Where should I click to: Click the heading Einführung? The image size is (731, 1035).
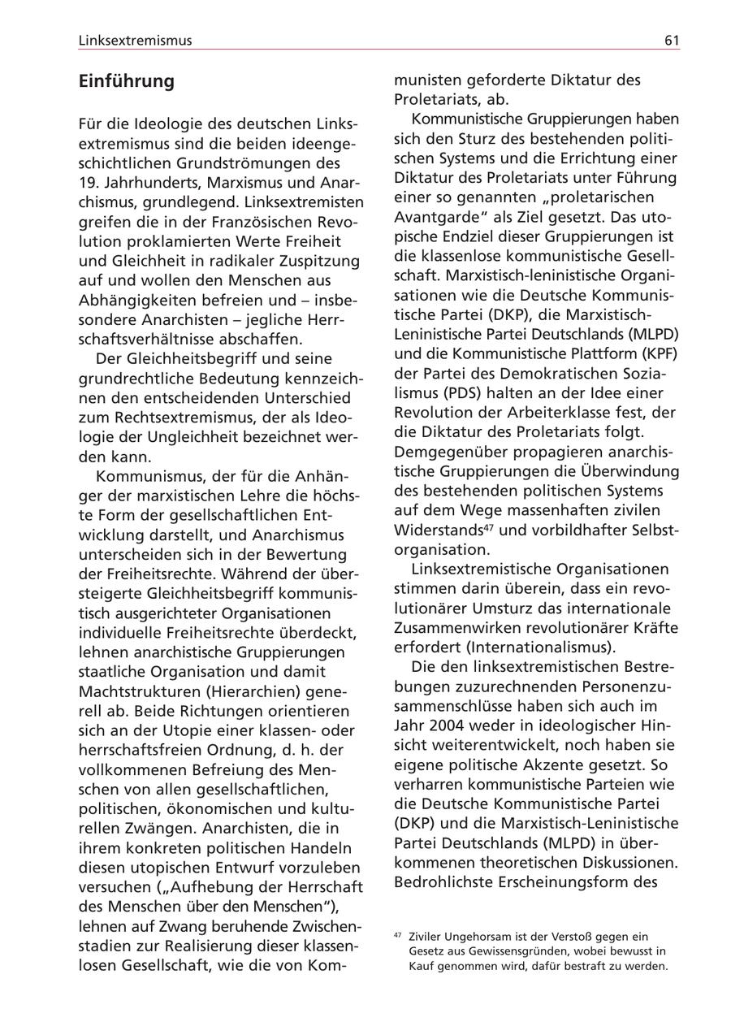tap(126, 81)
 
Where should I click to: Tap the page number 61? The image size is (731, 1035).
tap(671, 41)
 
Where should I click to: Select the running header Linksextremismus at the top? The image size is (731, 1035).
tap(135, 41)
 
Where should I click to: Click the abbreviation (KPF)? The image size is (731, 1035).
tap(660, 353)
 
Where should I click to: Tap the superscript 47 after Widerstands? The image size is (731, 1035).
tap(489, 528)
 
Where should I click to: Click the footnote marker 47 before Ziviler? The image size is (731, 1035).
tap(398, 935)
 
